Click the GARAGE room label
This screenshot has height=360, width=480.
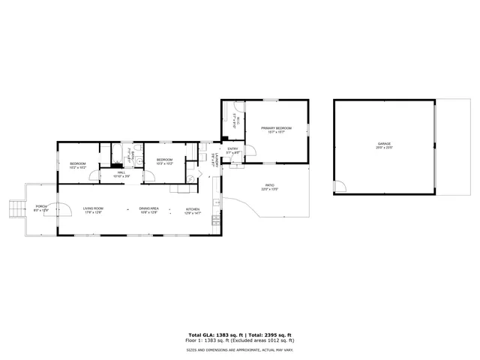tap(384, 144)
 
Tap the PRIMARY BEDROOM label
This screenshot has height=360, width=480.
tap(276, 129)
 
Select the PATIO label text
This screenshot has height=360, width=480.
tap(269, 186)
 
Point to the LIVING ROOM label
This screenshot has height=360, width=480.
tap(93, 208)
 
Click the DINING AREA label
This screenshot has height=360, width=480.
tap(149, 208)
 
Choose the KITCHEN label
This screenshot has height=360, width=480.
tap(193, 209)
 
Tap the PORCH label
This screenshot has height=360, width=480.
tap(41, 207)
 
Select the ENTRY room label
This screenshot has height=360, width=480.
tap(233, 149)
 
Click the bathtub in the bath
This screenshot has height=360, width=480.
tap(118, 157)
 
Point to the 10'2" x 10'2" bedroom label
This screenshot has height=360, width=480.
tap(78, 164)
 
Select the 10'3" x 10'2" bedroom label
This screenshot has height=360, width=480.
tap(164, 160)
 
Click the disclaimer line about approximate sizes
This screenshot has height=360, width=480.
tap(240, 349)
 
